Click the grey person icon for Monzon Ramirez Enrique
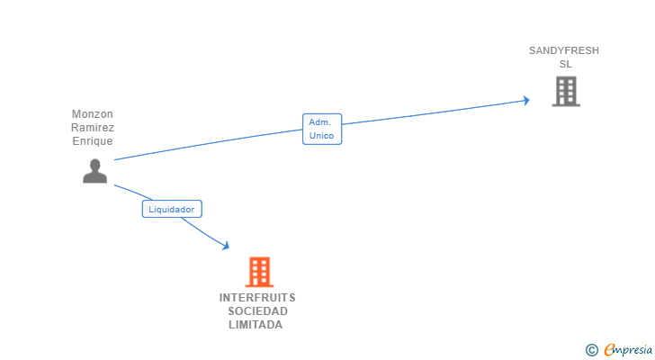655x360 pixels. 94,171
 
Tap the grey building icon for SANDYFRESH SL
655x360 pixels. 566,91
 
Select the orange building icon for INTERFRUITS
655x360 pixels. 259,272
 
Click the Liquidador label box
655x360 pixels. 172,209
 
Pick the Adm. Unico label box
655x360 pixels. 321,129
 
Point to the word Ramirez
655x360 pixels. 93,128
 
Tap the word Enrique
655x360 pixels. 93,142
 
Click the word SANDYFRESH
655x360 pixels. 564,50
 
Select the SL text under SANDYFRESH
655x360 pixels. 565,65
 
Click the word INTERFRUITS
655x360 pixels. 257,297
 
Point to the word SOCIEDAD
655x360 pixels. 257,311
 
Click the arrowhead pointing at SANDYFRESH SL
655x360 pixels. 525,100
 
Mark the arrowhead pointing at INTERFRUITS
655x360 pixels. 225,245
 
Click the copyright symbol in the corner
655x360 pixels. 591,350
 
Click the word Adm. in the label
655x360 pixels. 320,121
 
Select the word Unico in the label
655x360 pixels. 321,136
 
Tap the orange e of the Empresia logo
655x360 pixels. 609,350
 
